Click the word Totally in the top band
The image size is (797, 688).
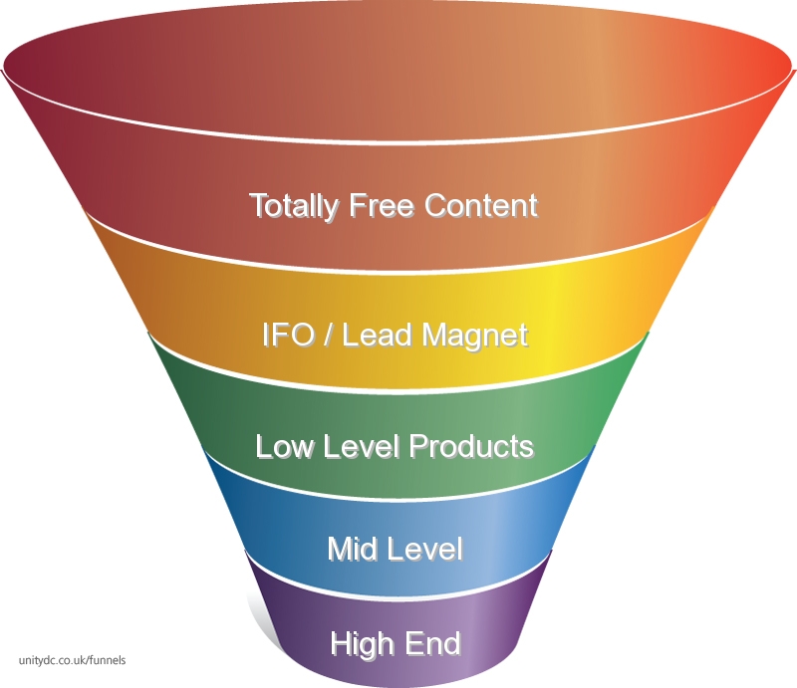point(294,207)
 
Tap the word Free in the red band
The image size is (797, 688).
point(382,205)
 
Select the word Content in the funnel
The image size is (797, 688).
point(481,205)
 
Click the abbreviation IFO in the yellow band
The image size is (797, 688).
point(287,335)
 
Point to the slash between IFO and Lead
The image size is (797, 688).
point(329,335)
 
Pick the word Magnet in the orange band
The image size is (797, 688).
point(475,337)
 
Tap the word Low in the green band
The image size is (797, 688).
point(284,447)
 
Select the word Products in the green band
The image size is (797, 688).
point(471,447)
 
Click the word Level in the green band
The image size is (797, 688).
point(361,447)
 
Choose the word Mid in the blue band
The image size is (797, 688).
point(352,549)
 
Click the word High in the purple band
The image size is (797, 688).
point(363,644)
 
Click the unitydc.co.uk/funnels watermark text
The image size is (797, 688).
point(72,660)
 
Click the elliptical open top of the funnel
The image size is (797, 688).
point(398,71)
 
